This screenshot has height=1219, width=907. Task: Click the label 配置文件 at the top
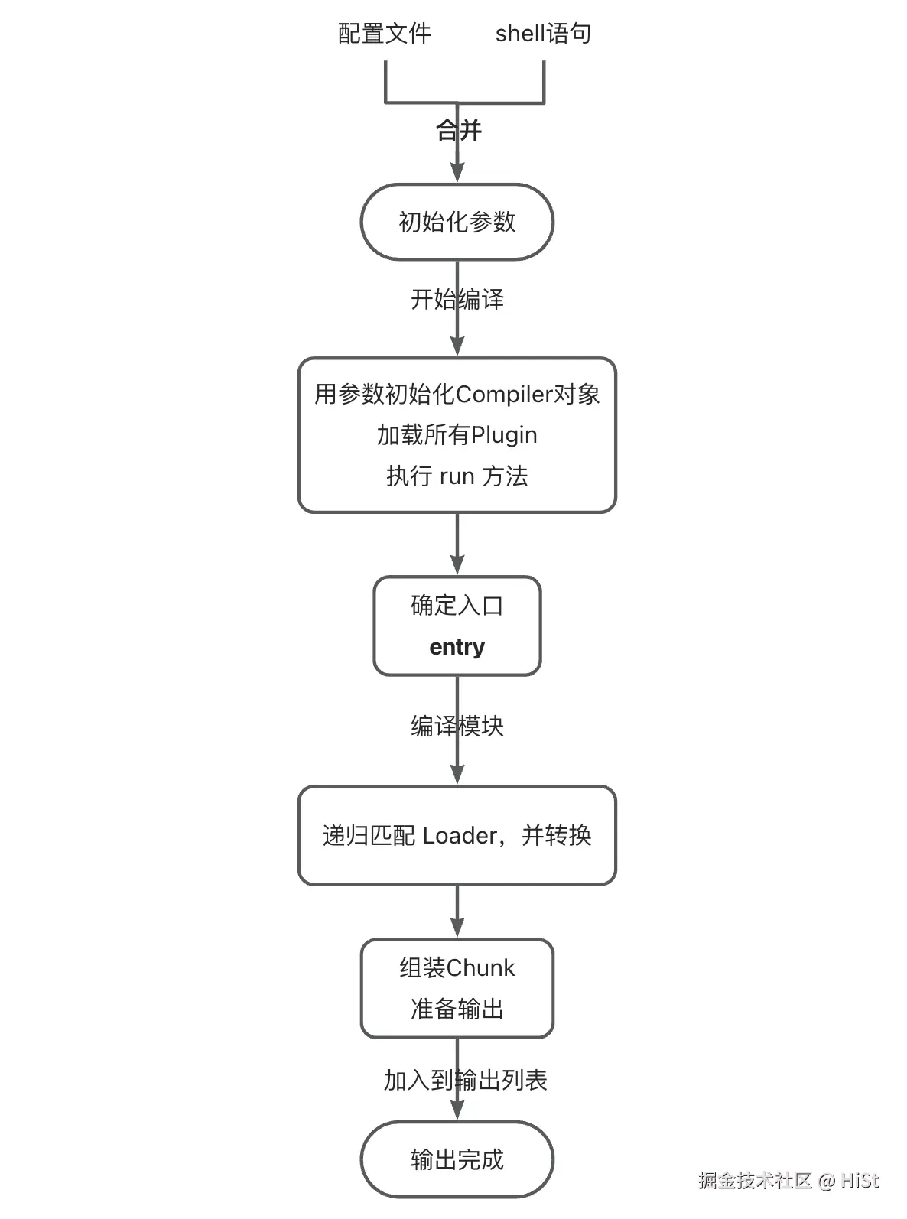click(x=385, y=34)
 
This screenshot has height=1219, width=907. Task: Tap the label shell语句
click(x=543, y=34)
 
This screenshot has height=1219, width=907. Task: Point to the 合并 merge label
click(x=458, y=131)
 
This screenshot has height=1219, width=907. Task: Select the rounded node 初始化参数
click(x=457, y=222)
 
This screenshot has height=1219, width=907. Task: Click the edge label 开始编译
click(x=457, y=299)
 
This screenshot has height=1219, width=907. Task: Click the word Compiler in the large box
click(x=504, y=395)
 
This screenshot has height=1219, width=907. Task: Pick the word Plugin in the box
click(x=503, y=435)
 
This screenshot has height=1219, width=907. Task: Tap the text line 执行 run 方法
click(x=457, y=476)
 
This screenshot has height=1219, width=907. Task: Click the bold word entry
click(x=457, y=647)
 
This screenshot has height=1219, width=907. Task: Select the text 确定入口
click(x=457, y=606)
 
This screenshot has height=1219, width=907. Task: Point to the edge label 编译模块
click(x=457, y=726)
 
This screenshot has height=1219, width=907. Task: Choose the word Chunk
click(x=480, y=968)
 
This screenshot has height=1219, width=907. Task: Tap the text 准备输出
click(x=457, y=1009)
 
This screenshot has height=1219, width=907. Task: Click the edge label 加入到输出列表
click(x=465, y=1081)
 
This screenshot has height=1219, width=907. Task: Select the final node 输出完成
click(x=457, y=1159)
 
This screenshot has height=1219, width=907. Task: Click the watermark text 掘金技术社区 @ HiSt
click(x=788, y=1181)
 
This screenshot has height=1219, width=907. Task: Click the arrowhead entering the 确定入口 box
click(x=457, y=567)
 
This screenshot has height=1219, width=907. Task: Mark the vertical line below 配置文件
click(x=385, y=80)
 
